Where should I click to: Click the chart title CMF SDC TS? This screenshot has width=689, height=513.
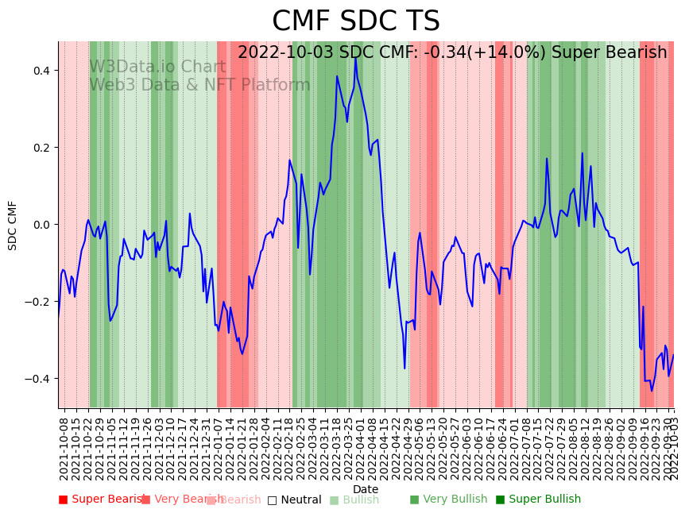point(355,21)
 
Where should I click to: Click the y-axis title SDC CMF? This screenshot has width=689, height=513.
point(13,226)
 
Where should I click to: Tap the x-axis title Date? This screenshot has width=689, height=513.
point(366,489)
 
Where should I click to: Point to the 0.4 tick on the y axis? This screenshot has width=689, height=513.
point(40,71)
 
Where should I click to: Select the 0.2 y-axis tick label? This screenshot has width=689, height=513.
point(40,148)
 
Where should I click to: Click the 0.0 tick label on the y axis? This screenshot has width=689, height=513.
point(40,225)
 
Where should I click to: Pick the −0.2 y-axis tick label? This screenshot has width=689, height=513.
point(37,302)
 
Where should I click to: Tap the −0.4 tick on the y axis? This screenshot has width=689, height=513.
point(37,379)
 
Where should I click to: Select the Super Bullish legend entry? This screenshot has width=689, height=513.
point(538,499)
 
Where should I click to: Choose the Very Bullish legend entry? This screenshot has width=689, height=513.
point(448,499)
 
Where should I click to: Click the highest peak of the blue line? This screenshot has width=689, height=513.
point(355,58)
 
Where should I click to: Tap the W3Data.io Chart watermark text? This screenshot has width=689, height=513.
point(157,67)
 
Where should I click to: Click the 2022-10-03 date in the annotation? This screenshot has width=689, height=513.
point(281,53)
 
